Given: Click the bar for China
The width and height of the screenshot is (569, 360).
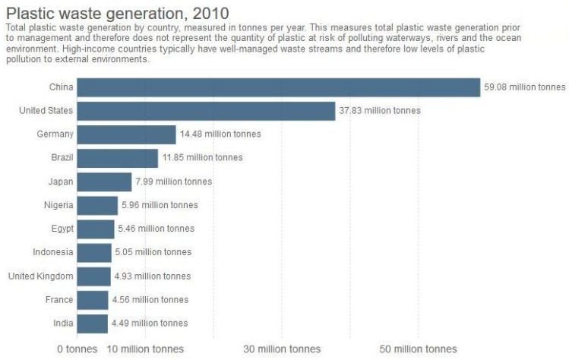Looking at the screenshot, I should coord(278,87).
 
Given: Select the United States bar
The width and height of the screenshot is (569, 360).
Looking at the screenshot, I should coord(206,111).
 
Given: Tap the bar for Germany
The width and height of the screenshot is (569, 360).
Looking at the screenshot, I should coord(126,134).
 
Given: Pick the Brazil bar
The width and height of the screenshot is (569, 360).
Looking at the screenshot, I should coord(117,158).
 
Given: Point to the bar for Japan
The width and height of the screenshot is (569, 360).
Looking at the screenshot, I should coord(104,182).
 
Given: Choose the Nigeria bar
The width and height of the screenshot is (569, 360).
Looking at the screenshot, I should coord(97,205).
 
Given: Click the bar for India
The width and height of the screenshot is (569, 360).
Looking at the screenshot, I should coord(92,324).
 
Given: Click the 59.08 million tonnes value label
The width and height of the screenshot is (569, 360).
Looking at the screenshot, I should coord(525,87).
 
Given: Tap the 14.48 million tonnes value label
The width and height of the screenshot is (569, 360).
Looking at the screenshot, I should coord(220,134).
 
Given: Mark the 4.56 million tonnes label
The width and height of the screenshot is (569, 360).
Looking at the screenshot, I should coord(150,300).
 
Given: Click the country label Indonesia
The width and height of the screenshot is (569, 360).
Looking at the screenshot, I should coord(53,252).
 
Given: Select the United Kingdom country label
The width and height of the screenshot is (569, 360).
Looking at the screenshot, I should coord(40,276).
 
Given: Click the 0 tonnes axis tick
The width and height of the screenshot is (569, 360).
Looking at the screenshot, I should coord(77,349).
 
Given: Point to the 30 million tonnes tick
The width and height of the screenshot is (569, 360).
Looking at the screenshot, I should coord(282,349).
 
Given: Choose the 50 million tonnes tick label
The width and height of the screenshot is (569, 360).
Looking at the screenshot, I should coord(419,349).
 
